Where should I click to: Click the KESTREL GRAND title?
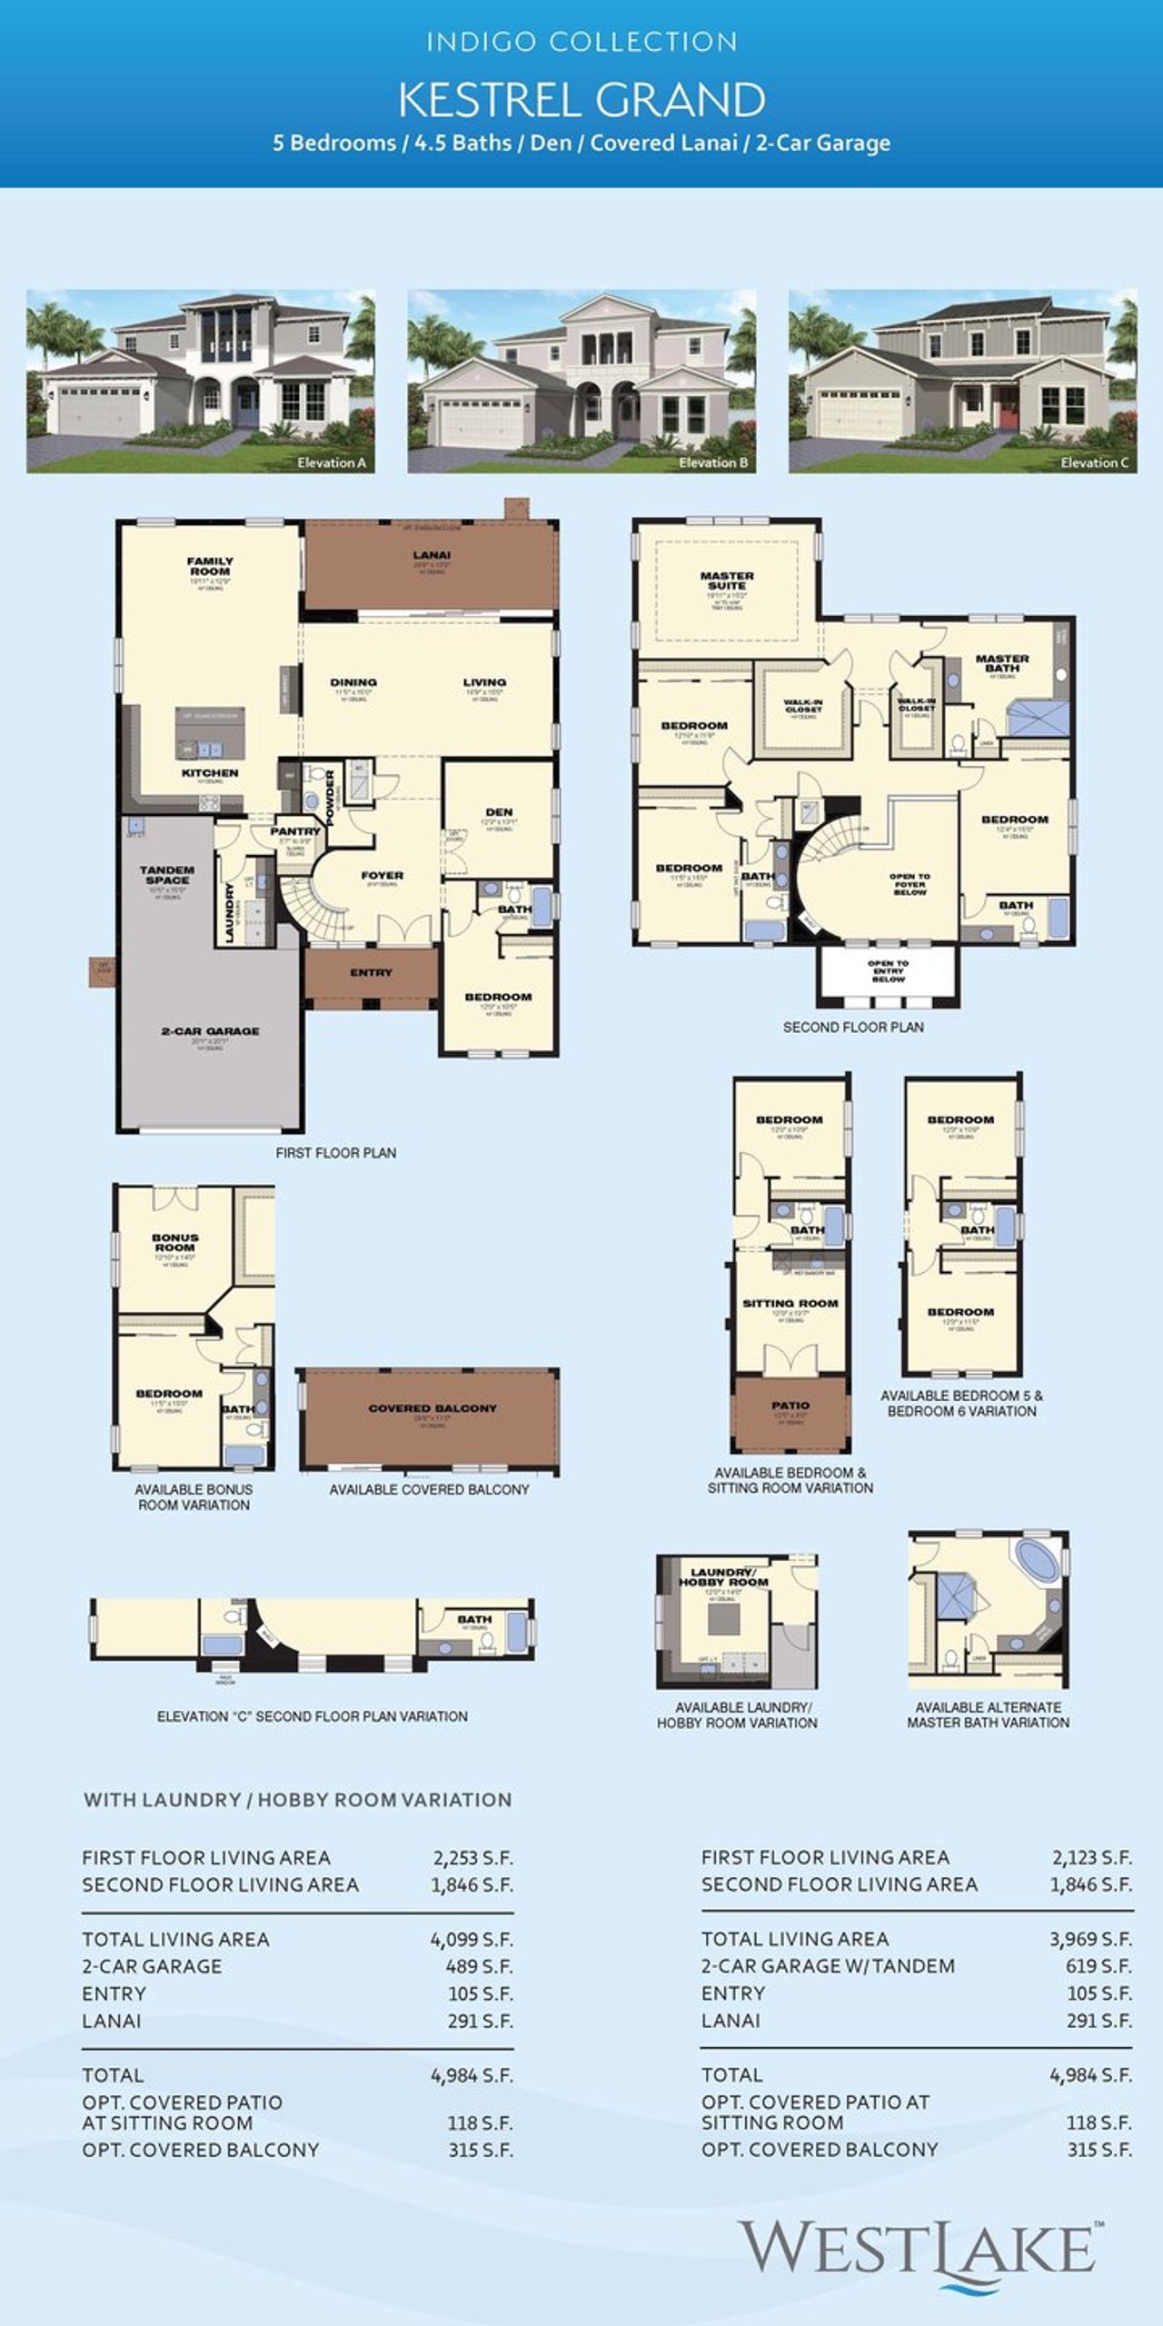coord(581,100)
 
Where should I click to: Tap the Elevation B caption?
coord(713,462)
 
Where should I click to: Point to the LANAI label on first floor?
coord(432,555)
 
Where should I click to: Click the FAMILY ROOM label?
coord(210,566)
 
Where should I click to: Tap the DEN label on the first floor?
coord(499,812)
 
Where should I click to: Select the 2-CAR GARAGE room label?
coord(210,1031)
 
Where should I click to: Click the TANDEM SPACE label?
coord(167,874)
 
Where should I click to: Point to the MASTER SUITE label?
coord(727,581)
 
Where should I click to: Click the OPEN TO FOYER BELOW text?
coord(910,884)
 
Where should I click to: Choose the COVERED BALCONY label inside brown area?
coord(432,1408)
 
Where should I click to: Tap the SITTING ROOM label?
coord(790,1303)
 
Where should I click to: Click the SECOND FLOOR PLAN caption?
coord(853,1027)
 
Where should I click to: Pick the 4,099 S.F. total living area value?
coord(471,1939)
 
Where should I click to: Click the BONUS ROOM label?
coord(174,1243)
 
